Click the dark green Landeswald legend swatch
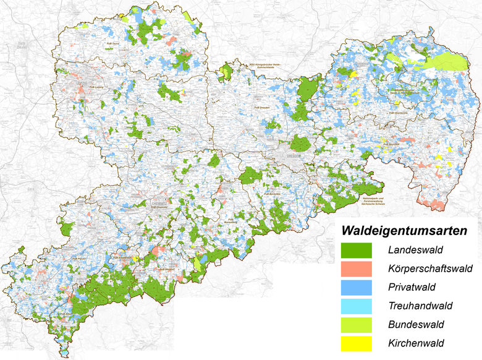tap(356, 251)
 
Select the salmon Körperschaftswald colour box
tap(356, 269)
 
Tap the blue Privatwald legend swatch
tap(356, 288)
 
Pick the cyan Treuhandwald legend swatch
tap(356, 306)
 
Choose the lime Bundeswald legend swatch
tap(356, 325)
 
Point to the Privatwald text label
tap(412, 288)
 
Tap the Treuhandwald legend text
tap(420, 306)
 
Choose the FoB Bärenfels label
tap(273, 194)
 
